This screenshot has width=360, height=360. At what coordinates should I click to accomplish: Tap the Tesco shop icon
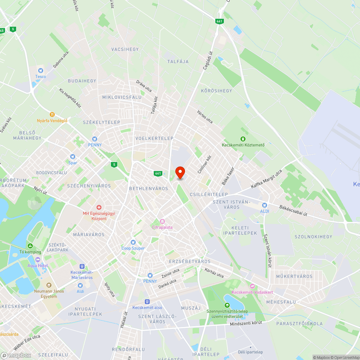40,71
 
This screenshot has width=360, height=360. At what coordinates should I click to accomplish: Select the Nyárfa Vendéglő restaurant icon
52,114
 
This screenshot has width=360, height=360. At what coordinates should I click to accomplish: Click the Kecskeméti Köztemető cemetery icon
243,139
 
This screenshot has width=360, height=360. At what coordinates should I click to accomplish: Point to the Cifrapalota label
162,227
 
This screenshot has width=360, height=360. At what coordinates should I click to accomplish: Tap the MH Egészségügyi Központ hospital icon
99,207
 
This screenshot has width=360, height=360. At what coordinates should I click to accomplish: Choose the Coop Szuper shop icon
133,242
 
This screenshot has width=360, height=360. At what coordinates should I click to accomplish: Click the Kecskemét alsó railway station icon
147,301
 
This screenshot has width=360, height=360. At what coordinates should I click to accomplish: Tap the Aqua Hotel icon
38,260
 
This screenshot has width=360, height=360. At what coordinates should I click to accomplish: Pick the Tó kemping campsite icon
30,246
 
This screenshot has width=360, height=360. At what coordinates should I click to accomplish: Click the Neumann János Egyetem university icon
49,285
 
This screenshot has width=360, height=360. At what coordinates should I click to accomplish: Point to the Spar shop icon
73,157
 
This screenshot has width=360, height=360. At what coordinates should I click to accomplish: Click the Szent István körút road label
267,250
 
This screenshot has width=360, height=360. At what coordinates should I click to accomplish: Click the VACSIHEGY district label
125,49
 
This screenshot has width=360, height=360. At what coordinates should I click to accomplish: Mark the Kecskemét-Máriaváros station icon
82,266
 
